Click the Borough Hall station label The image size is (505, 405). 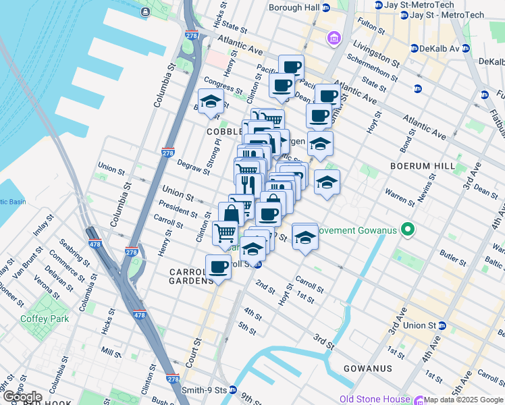(x=294, y=7)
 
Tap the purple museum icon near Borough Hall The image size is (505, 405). (x=334, y=38)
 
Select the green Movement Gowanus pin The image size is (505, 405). (x=407, y=231)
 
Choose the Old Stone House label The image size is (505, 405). (x=375, y=400)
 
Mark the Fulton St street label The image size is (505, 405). (x=371, y=27)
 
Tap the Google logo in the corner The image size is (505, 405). (x=22, y=397)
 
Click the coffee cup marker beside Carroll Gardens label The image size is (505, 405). (x=218, y=267)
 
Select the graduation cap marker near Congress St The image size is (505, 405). (x=211, y=101)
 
